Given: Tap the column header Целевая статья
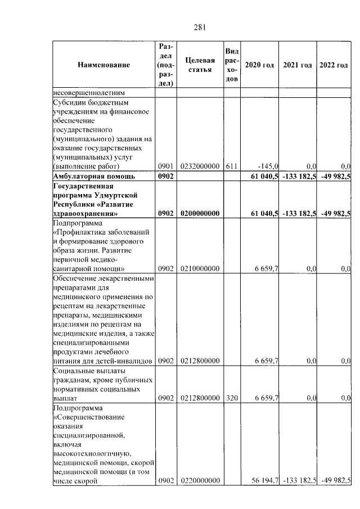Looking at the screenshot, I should pos(200,65).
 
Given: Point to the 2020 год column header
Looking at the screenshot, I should pos(259,65).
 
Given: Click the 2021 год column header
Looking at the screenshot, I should pos(298,65).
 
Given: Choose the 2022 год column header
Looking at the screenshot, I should pos(334,65).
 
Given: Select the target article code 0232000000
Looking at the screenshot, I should pos(200,166).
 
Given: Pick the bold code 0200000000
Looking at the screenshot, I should pos(200,214).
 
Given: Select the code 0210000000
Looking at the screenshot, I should pos(200,269).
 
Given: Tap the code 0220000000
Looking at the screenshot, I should pos(200,481).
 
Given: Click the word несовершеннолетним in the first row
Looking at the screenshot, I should pos(88,93).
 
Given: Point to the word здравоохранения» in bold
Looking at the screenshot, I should pos(85,214).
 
